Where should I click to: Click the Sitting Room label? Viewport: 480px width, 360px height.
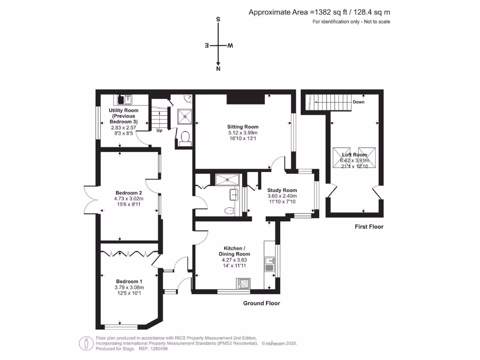click(x=242, y=127)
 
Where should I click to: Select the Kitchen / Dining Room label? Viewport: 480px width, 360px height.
click(x=233, y=251)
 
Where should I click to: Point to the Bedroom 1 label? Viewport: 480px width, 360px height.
click(x=129, y=281)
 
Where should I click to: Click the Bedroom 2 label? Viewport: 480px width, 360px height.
click(x=129, y=193)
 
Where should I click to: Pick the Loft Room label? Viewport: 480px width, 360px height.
click(x=354, y=155)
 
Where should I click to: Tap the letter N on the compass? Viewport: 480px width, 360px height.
click(x=218, y=69)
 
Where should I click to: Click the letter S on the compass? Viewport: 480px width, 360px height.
click(x=218, y=20)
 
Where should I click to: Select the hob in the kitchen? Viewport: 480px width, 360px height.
click(x=244, y=283)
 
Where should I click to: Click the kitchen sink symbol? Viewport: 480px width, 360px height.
click(x=270, y=261)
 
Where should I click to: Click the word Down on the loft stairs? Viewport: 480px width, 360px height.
click(x=359, y=102)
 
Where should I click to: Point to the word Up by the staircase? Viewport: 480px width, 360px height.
click(x=159, y=130)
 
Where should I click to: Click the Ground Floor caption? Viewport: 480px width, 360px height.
click(x=261, y=303)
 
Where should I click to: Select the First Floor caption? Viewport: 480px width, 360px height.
click(x=369, y=227)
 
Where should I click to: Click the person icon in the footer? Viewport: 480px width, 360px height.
click(x=86, y=343)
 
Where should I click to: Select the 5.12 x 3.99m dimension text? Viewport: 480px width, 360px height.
click(x=242, y=133)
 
